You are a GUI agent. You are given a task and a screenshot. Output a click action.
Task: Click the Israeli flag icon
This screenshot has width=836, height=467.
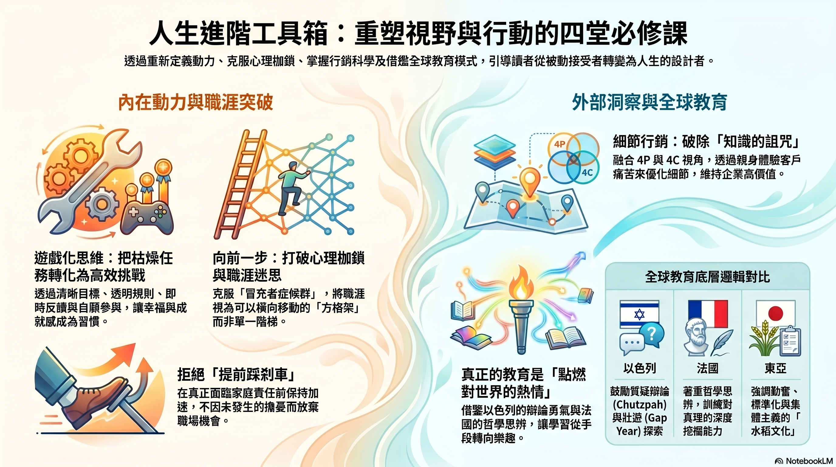[x=639, y=314]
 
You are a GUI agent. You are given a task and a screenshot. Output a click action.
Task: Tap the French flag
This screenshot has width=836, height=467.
[x=708, y=313]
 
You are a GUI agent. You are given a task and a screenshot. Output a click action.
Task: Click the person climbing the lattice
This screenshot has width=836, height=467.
[x=291, y=187]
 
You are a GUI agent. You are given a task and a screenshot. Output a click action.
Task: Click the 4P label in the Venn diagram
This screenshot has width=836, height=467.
[x=560, y=144]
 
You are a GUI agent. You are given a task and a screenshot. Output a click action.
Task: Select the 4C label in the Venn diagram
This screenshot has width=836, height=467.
[x=587, y=172]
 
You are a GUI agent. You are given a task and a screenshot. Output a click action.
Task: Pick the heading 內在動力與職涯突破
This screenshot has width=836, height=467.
[x=195, y=102]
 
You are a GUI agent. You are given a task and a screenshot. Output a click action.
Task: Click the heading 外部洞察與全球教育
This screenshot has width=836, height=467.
[x=649, y=102]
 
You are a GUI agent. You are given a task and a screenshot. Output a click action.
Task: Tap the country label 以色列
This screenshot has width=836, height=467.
[x=639, y=368]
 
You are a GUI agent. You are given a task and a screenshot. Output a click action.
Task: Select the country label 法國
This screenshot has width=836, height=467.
[x=708, y=368]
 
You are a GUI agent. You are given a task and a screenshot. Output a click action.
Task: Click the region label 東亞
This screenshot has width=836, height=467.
[x=775, y=368]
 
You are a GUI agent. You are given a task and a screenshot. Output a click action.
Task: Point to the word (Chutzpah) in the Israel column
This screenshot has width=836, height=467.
[x=639, y=405]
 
